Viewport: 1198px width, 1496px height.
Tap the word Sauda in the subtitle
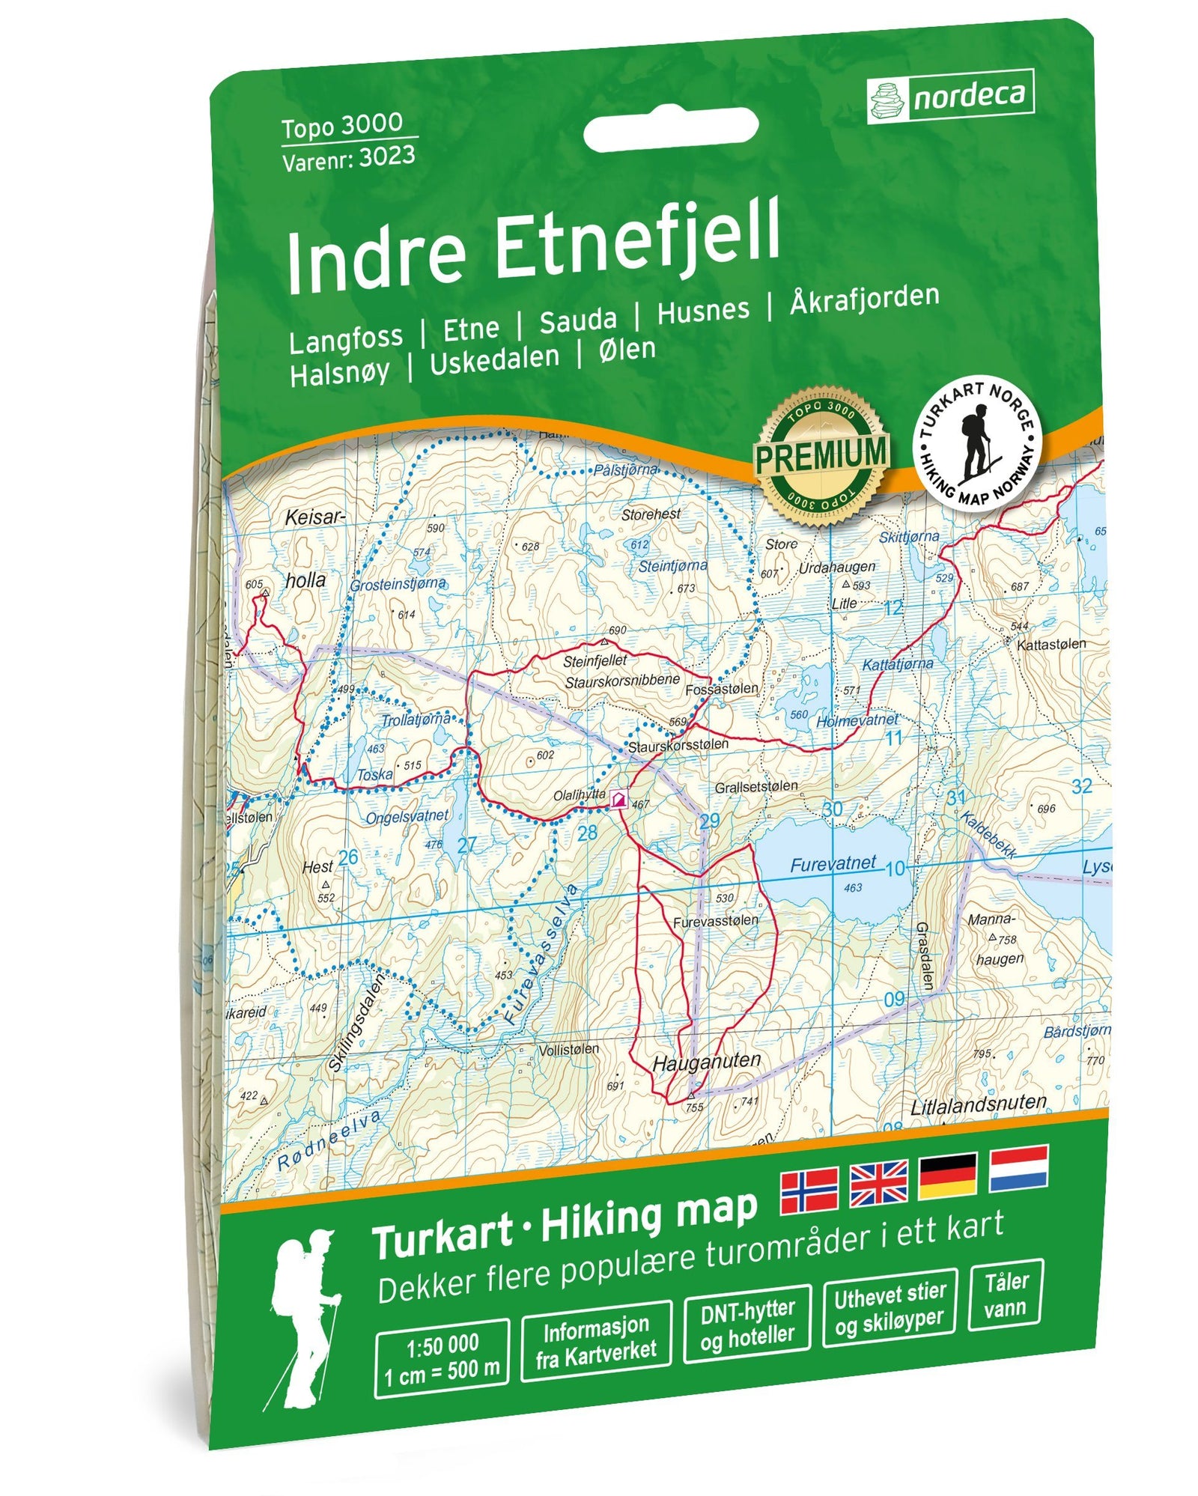[577, 321]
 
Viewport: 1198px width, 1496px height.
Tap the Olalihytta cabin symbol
[618, 800]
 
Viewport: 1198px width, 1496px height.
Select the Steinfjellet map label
[595, 662]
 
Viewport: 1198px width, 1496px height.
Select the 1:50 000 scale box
[442, 1357]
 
